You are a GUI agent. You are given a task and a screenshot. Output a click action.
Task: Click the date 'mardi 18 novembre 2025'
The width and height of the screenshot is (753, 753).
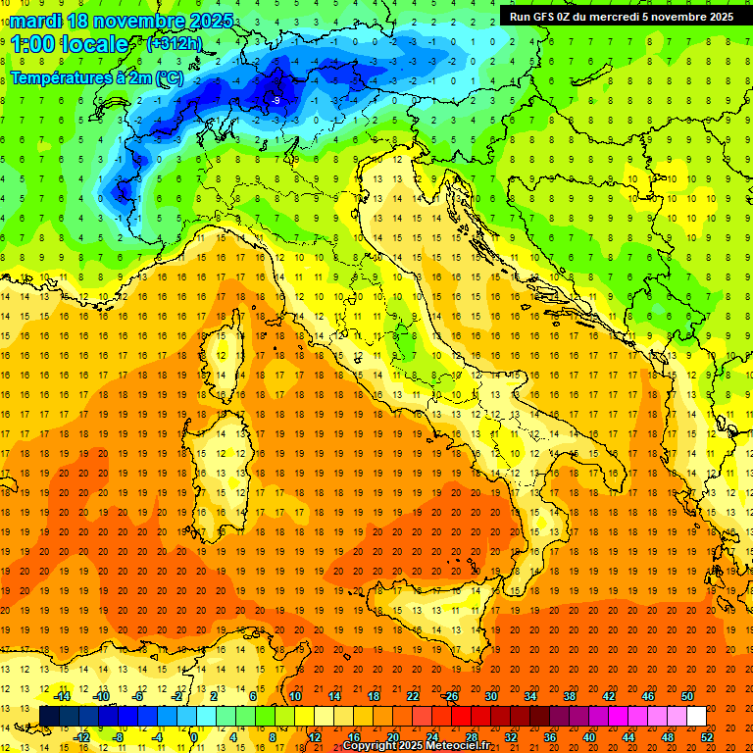[x=123, y=21]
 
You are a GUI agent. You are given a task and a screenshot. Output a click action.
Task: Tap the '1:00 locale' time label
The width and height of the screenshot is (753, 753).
[x=70, y=44]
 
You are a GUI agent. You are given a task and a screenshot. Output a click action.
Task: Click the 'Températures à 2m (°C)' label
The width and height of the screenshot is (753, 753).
[x=96, y=77]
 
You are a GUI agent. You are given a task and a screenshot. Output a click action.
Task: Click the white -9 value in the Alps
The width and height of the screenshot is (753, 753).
[x=276, y=100]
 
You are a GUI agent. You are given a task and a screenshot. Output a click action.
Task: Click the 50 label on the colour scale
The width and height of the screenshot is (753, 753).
[x=687, y=696]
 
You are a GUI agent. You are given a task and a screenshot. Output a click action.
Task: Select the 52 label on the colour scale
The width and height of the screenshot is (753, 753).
[x=707, y=736]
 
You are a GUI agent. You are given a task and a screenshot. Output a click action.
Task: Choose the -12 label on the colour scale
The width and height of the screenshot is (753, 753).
[x=81, y=736]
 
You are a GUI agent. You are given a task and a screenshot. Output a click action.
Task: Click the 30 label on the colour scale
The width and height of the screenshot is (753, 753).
[x=490, y=696]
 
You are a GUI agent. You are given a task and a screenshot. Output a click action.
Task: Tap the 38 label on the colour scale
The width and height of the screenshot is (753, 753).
[x=570, y=696]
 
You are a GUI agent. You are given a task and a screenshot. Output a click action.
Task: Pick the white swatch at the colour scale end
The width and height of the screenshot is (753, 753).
[x=696, y=716]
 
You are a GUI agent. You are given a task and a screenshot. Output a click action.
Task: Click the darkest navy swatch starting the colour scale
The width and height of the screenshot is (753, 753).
[x=49, y=716]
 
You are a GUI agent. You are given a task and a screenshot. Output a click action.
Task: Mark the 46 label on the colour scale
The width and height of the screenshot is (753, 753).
[x=648, y=696]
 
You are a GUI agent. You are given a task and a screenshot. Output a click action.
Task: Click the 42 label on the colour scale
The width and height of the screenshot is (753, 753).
[x=609, y=696]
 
